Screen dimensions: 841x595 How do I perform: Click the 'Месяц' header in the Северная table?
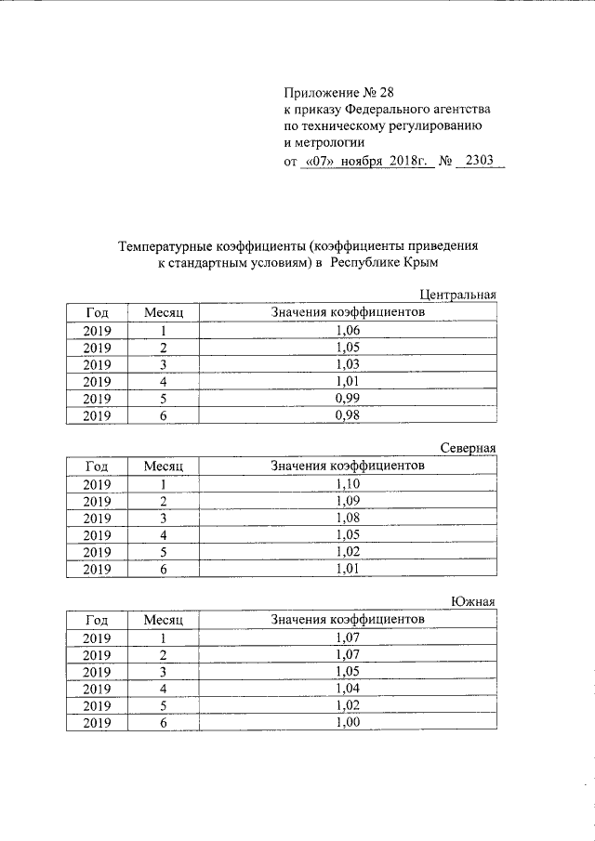tap(164, 466)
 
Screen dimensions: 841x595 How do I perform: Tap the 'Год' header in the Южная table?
tap(97, 620)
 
